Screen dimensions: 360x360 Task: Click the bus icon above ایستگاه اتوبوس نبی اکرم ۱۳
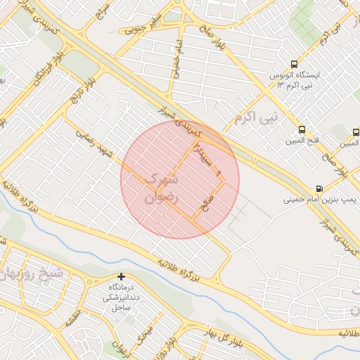[x=294, y=63]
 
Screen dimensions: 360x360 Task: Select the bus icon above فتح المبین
[x=302, y=129]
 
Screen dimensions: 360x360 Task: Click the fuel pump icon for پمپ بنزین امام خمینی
[x=320, y=188]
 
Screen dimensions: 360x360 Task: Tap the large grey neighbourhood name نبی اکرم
[x=256, y=115]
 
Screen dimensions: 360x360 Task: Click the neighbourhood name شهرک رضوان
[x=162, y=188]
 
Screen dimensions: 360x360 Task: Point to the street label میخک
[x=146, y=337]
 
